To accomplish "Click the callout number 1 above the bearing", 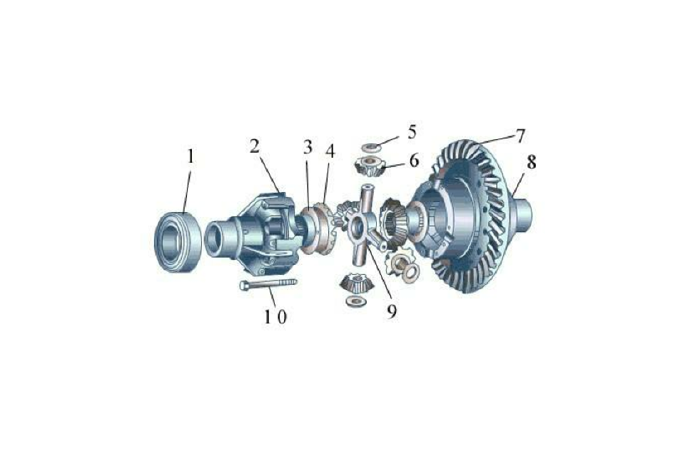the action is click(190, 156).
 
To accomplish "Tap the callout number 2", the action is click(255, 146).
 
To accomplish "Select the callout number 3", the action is click(308, 147).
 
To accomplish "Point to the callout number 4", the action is click(330, 151).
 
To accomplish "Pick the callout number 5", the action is click(412, 132).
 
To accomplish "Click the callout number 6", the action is click(414, 160).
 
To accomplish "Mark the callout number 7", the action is click(520, 136).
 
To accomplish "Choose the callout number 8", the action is click(531, 162).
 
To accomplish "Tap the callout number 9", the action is click(392, 311).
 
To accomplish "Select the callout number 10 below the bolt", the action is click(275, 316).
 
